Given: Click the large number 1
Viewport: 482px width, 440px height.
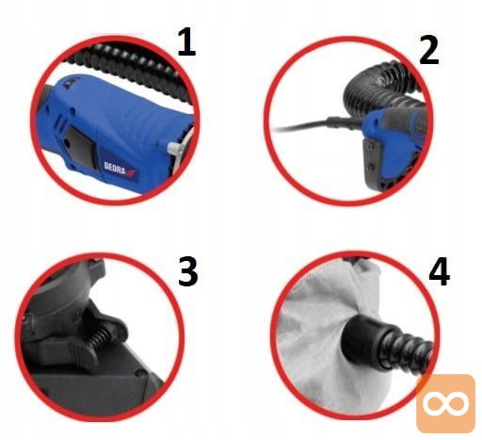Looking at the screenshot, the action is [187, 41].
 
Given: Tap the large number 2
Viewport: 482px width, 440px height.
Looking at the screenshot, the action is [429, 50].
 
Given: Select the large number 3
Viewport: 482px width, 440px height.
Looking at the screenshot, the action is [188, 271].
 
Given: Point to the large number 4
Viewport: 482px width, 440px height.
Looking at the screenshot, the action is [439, 271].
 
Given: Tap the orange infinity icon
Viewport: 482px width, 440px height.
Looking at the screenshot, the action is [445, 403].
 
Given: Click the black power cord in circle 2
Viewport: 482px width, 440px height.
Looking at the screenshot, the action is [301, 126].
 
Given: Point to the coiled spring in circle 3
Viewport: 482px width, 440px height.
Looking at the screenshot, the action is [100, 338].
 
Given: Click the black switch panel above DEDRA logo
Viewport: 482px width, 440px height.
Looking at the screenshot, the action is [81, 147].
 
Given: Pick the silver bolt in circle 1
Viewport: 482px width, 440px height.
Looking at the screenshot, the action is [174, 149].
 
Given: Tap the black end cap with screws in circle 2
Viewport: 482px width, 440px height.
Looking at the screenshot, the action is [375, 162].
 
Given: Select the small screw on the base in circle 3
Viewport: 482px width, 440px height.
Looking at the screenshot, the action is [140, 373].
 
